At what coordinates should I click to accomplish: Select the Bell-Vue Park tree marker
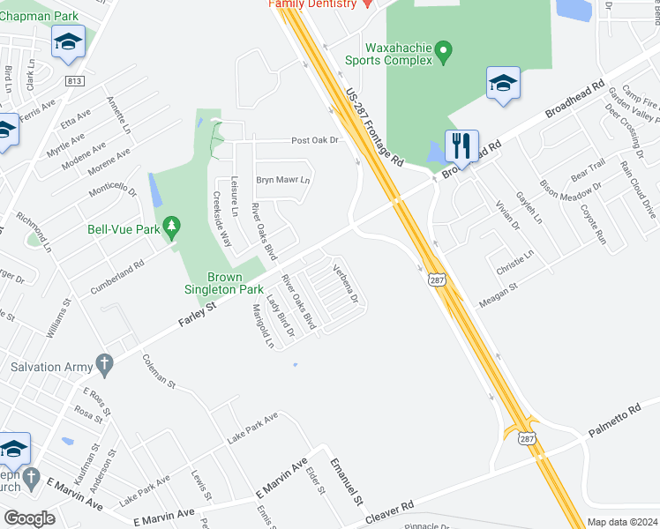[173, 227]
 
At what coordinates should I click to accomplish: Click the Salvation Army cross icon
[103, 363]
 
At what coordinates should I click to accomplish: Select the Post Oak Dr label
[316, 140]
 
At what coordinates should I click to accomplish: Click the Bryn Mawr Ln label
[283, 180]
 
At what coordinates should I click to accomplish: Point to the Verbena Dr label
[345, 284]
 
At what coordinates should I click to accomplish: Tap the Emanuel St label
[347, 481]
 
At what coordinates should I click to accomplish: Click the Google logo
[29, 518]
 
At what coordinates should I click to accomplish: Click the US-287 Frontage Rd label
[374, 128]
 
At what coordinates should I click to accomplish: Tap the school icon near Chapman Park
[67, 41]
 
